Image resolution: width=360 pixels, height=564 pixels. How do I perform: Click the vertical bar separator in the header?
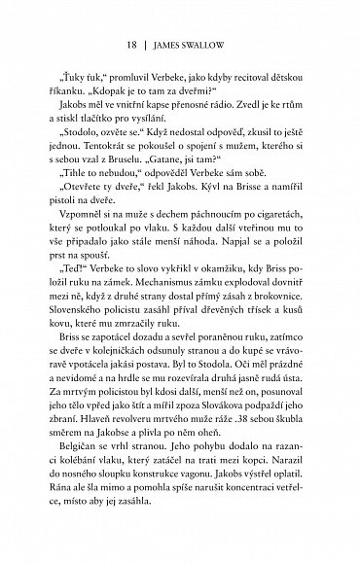(133, 44)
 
